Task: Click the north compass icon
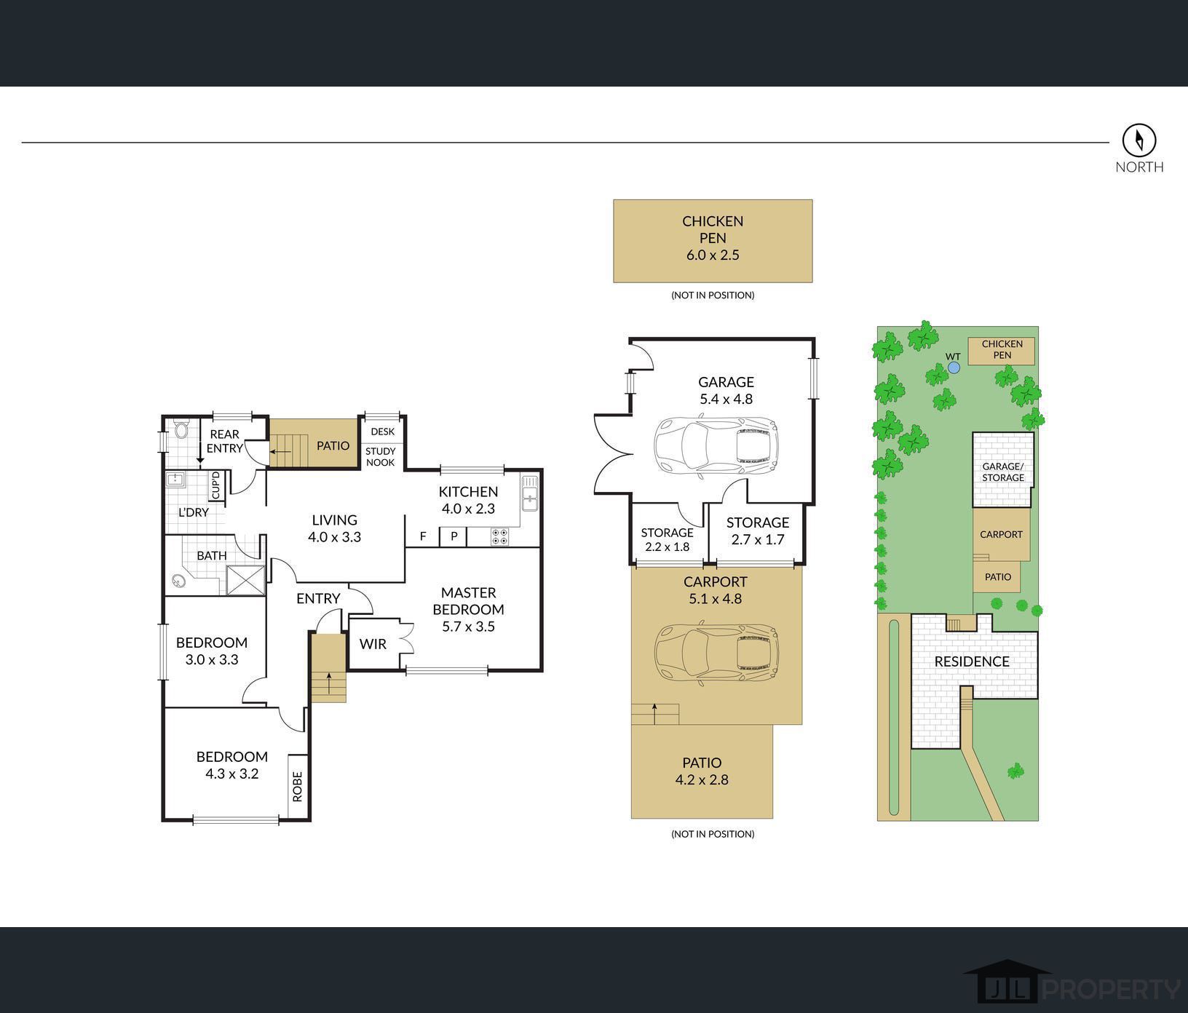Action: pyautogui.click(x=1139, y=139)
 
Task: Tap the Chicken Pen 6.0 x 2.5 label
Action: pyautogui.click(x=713, y=238)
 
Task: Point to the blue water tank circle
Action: pyautogui.click(x=954, y=368)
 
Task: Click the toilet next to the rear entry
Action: pyautogui.click(x=181, y=429)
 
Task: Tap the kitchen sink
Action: pyautogui.click(x=530, y=493)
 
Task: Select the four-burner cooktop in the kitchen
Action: pyautogui.click(x=500, y=537)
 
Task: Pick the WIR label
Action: pyautogui.click(x=373, y=644)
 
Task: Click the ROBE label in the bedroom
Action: pyautogui.click(x=297, y=786)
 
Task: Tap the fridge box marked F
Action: pyautogui.click(x=422, y=537)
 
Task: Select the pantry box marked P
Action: pyautogui.click(x=454, y=537)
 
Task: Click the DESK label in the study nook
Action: pyautogui.click(x=382, y=432)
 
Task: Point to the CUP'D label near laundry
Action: pyautogui.click(x=215, y=485)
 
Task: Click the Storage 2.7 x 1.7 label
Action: pyautogui.click(x=758, y=531)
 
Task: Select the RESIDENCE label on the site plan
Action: pyautogui.click(x=972, y=662)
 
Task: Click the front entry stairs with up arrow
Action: pyautogui.click(x=329, y=668)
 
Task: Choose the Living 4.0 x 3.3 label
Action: pyautogui.click(x=335, y=529)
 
